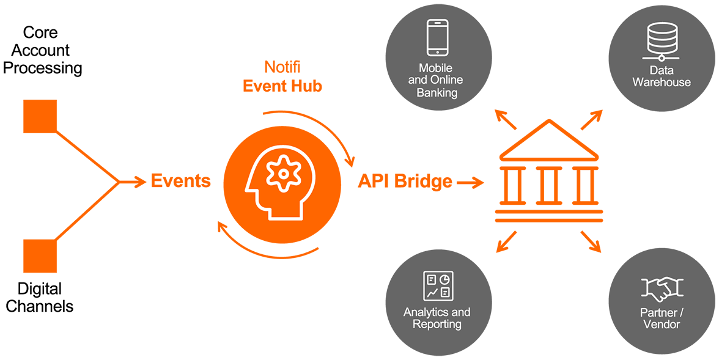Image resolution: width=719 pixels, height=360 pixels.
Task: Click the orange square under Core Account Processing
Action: (40, 116)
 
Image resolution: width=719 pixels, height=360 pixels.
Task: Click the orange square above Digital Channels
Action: (40, 255)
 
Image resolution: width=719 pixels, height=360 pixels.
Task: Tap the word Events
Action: (180, 182)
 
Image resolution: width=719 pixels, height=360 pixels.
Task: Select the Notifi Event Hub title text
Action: (282, 76)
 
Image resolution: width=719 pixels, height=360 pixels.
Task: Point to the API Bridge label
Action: (405, 182)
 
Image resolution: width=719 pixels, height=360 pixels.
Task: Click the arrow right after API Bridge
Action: (470, 182)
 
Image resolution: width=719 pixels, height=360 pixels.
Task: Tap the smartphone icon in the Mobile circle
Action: (437, 38)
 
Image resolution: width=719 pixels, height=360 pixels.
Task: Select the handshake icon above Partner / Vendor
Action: (662, 288)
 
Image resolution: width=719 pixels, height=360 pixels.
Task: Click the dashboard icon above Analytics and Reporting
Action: (438, 285)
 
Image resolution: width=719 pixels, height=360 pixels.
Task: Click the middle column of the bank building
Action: (548, 185)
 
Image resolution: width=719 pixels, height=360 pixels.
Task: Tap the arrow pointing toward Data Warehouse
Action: (591, 120)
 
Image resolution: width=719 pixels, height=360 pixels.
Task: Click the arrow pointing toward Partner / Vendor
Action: (591, 242)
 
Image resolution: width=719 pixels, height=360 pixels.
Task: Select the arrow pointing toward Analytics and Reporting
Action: (506, 242)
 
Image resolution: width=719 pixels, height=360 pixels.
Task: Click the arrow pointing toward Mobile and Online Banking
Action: (506, 120)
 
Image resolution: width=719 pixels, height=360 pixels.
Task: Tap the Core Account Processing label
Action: (43, 50)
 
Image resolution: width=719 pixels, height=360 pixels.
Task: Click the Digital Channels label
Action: (40, 297)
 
